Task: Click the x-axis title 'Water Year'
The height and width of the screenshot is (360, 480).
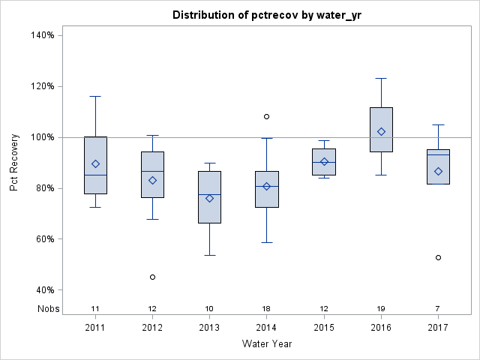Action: click(x=267, y=343)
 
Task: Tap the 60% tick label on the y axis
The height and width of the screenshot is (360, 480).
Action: click(x=41, y=239)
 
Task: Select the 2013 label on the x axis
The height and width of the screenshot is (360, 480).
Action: click(x=209, y=328)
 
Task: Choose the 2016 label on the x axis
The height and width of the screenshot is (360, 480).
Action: click(x=381, y=328)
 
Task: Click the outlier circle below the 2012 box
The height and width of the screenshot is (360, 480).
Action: click(x=152, y=277)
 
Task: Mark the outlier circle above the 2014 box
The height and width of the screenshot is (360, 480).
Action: click(x=266, y=116)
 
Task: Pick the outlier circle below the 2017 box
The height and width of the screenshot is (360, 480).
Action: click(x=438, y=257)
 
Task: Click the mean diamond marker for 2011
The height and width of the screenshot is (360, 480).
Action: click(x=95, y=163)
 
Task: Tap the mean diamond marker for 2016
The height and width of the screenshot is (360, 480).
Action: click(x=381, y=131)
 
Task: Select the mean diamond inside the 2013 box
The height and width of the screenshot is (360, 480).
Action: click(x=209, y=198)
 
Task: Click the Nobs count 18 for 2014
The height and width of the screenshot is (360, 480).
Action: click(x=266, y=309)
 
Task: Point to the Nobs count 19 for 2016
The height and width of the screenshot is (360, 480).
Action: click(x=381, y=309)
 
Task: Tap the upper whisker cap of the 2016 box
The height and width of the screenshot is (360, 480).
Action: click(x=381, y=78)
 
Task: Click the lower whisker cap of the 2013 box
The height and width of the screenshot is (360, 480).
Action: click(x=209, y=255)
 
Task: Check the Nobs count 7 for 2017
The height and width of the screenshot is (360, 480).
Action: click(x=438, y=309)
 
